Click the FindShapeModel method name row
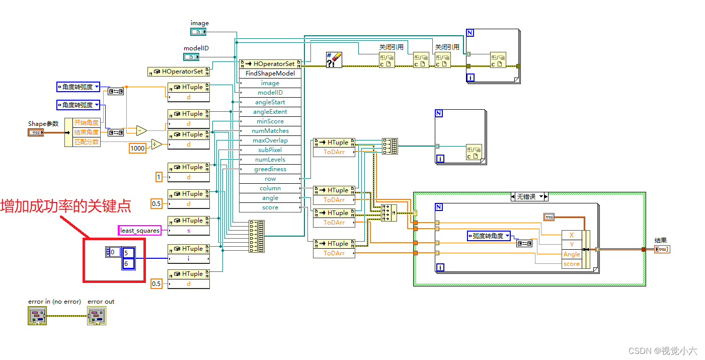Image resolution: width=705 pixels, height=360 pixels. [x=270, y=74]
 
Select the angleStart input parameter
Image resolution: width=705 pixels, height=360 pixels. [x=270, y=102]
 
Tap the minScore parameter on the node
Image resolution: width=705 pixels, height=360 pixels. [x=270, y=121]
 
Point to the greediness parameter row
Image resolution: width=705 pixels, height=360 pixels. [x=270, y=169]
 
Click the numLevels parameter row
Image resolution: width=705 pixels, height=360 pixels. [x=270, y=160]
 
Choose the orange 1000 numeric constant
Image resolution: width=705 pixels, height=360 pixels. [x=137, y=148]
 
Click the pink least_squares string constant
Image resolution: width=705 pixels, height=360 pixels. [x=140, y=231]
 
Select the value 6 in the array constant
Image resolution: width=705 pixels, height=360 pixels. [x=128, y=264]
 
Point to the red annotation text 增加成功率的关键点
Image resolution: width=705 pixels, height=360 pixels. [x=66, y=206]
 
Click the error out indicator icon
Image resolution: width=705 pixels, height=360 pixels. [x=97, y=316]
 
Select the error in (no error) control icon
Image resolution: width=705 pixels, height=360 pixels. [x=37, y=316]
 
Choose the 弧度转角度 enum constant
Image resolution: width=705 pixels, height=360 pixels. [x=488, y=236]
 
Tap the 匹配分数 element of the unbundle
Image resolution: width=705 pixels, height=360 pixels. [x=87, y=142]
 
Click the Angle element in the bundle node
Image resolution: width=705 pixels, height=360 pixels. [x=571, y=254]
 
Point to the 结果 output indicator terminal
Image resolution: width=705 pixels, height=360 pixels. [x=662, y=249]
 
